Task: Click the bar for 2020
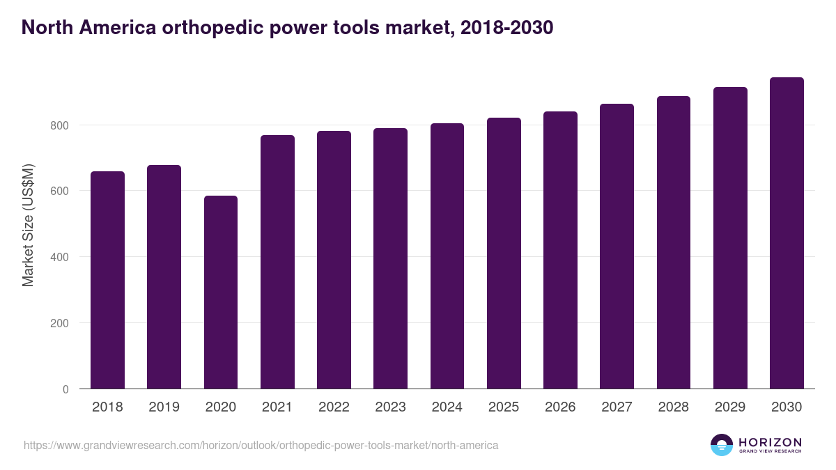coord(221,292)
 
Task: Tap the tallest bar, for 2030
coord(787,233)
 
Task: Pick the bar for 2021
coord(277,262)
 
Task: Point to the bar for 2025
coord(504,253)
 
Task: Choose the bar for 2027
coord(617,246)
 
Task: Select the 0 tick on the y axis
coord(65,389)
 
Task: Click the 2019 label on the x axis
coord(164,407)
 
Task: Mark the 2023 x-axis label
coord(390,407)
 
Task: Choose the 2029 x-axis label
coord(730,407)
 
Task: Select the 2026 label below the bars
coord(560,407)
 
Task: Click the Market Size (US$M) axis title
coord(29,224)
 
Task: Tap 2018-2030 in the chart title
coord(508,28)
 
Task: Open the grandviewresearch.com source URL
coord(261,445)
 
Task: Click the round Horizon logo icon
coord(722,445)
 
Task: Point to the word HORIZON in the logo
coord(771,442)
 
